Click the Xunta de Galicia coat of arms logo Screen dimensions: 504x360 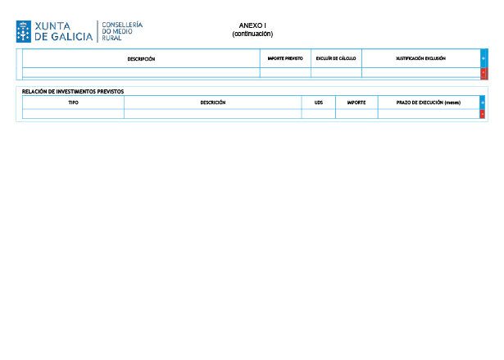pos(24,31)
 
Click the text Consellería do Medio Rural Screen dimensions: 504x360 pos(122,31)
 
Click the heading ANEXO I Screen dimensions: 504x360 pos(252,25)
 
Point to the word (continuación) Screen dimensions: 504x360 pos(252,34)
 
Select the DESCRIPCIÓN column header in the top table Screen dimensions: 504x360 pos(141,59)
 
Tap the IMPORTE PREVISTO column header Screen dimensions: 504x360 pos(285,58)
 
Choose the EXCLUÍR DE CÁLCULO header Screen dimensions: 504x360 pos(336,58)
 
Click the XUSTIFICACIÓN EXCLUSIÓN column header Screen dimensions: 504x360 pos(420,58)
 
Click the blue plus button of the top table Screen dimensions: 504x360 pos(484,58)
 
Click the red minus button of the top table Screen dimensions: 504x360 pos(484,73)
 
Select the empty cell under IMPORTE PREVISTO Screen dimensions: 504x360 pos(285,72)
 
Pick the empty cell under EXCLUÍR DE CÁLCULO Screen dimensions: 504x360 pos(336,72)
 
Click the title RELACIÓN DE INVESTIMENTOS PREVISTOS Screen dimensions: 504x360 pos(73,92)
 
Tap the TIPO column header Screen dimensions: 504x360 pos(73,103)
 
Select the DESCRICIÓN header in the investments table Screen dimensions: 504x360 pos(213,103)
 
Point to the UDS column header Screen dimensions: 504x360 pos(319,103)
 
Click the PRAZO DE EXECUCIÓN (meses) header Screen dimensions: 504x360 pos(429,103)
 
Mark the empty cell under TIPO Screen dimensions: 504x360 pos(73,114)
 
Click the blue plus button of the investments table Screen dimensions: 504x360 pos(482,103)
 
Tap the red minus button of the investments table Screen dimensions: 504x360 pos(482,114)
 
